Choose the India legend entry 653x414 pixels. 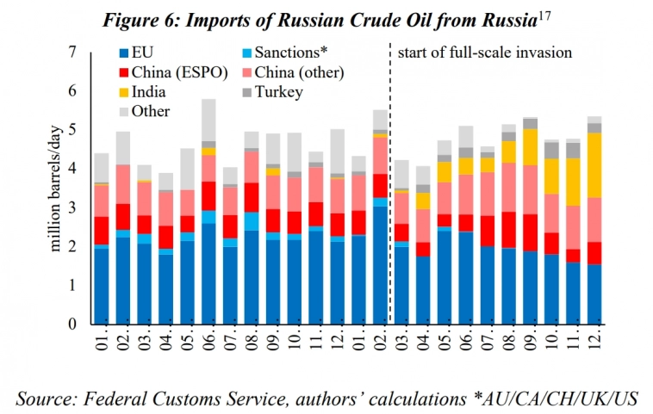point(150,92)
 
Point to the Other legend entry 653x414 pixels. point(151,111)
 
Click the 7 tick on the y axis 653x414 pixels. point(72,53)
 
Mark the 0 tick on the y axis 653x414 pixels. point(72,324)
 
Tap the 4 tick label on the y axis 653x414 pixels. point(72,170)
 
